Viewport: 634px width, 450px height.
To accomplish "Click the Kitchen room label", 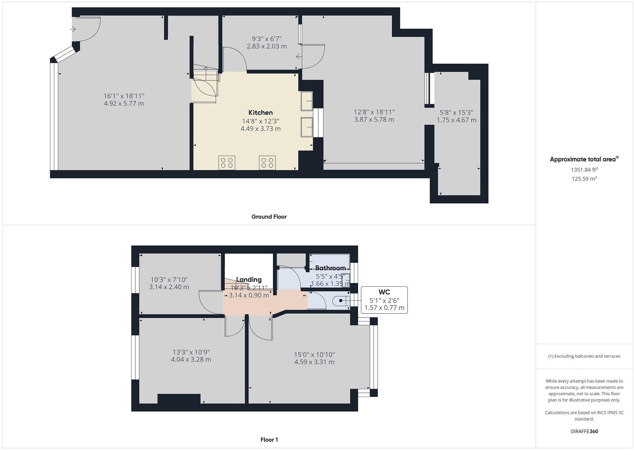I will (260, 112).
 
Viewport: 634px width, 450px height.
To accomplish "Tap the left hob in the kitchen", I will (227, 163).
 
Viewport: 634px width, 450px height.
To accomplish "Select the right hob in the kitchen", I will (267, 163).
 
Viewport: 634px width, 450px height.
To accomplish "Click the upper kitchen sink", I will (307, 101).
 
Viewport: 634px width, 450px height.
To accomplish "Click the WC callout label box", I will (384, 300).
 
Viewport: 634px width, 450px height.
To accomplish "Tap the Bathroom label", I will (330, 268).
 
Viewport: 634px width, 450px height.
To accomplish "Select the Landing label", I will (249, 279).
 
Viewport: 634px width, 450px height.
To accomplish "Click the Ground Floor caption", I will (269, 217).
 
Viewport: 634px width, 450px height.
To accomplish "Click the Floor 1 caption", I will (269, 440).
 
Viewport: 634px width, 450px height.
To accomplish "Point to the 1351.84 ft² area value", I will (584, 169).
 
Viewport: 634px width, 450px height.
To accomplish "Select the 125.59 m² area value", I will (584, 179).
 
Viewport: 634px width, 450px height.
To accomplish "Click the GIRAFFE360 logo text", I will (584, 431).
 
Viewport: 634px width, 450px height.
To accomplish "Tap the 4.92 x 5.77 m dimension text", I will (124, 103).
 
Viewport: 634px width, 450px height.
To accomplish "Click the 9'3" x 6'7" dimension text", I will (267, 39).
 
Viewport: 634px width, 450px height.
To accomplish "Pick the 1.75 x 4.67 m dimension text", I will (456, 120).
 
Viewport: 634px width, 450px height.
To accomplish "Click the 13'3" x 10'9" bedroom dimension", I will (191, 352).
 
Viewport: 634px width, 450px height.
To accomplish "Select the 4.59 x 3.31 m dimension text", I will (314, 362).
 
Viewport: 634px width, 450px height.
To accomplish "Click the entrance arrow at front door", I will (73, 29).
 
